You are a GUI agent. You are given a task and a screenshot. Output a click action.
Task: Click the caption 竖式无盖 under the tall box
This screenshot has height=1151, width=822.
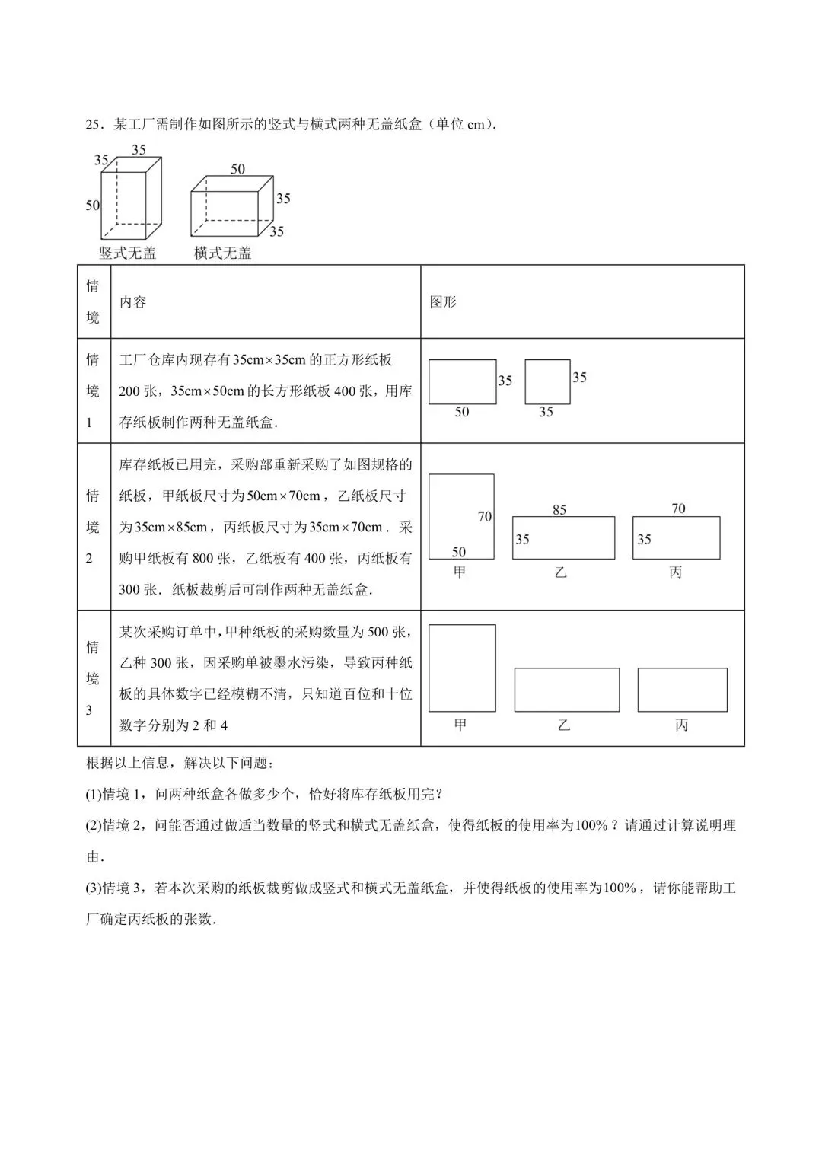127,253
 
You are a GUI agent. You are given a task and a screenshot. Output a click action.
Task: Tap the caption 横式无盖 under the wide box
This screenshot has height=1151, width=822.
222,253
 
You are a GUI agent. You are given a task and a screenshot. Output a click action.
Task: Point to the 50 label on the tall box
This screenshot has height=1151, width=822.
92,206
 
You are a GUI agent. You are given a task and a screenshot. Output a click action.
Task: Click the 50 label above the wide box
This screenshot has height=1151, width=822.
238,169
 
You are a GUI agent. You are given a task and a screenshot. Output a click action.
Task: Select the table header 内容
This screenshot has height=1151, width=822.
132,301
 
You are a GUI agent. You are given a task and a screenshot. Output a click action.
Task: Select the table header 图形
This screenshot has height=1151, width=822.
443,301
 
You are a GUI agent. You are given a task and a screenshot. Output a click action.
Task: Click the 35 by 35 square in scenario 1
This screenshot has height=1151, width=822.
547,382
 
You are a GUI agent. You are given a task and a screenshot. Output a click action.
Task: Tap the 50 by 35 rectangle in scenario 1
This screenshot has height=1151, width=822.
462,382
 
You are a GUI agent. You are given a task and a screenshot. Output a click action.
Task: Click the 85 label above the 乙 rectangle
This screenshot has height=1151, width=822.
559,509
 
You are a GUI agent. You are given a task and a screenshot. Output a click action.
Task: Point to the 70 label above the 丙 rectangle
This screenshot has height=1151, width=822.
678,509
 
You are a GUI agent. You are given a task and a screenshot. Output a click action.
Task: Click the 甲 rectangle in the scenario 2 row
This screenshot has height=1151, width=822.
461,516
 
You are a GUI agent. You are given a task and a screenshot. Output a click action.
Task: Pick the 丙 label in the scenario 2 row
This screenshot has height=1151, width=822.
676,572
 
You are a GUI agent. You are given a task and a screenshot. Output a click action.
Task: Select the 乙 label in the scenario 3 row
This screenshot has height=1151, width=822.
563,725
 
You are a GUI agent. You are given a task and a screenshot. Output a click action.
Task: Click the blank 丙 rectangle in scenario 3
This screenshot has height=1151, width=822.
682,690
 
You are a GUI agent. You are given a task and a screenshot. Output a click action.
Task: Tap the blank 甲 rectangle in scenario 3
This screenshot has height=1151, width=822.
462,668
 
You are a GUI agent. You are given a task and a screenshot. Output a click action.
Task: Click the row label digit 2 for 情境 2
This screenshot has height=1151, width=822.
89,558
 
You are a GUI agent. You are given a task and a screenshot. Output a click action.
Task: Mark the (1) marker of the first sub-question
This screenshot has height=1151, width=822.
93,794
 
